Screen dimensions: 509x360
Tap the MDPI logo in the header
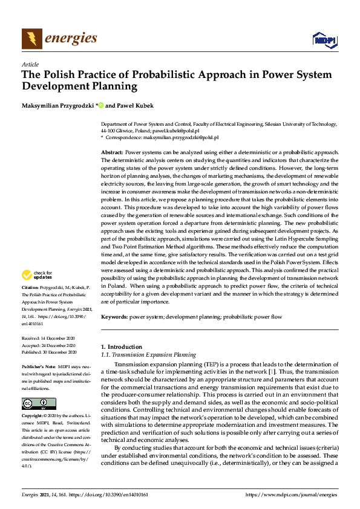tap(324, 40)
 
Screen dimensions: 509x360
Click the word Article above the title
tap(30, 64)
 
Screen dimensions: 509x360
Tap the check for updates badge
tap(39, 276)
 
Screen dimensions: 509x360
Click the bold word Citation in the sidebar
tap(31, 288)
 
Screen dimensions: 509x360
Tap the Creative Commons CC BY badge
tap(39, 403)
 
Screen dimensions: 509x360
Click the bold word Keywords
tap(114, 316)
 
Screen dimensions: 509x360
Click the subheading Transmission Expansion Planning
tap(151, 355)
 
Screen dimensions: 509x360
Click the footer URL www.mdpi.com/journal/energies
tap(290, 494)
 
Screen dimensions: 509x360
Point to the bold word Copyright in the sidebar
tap(33, 416)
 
